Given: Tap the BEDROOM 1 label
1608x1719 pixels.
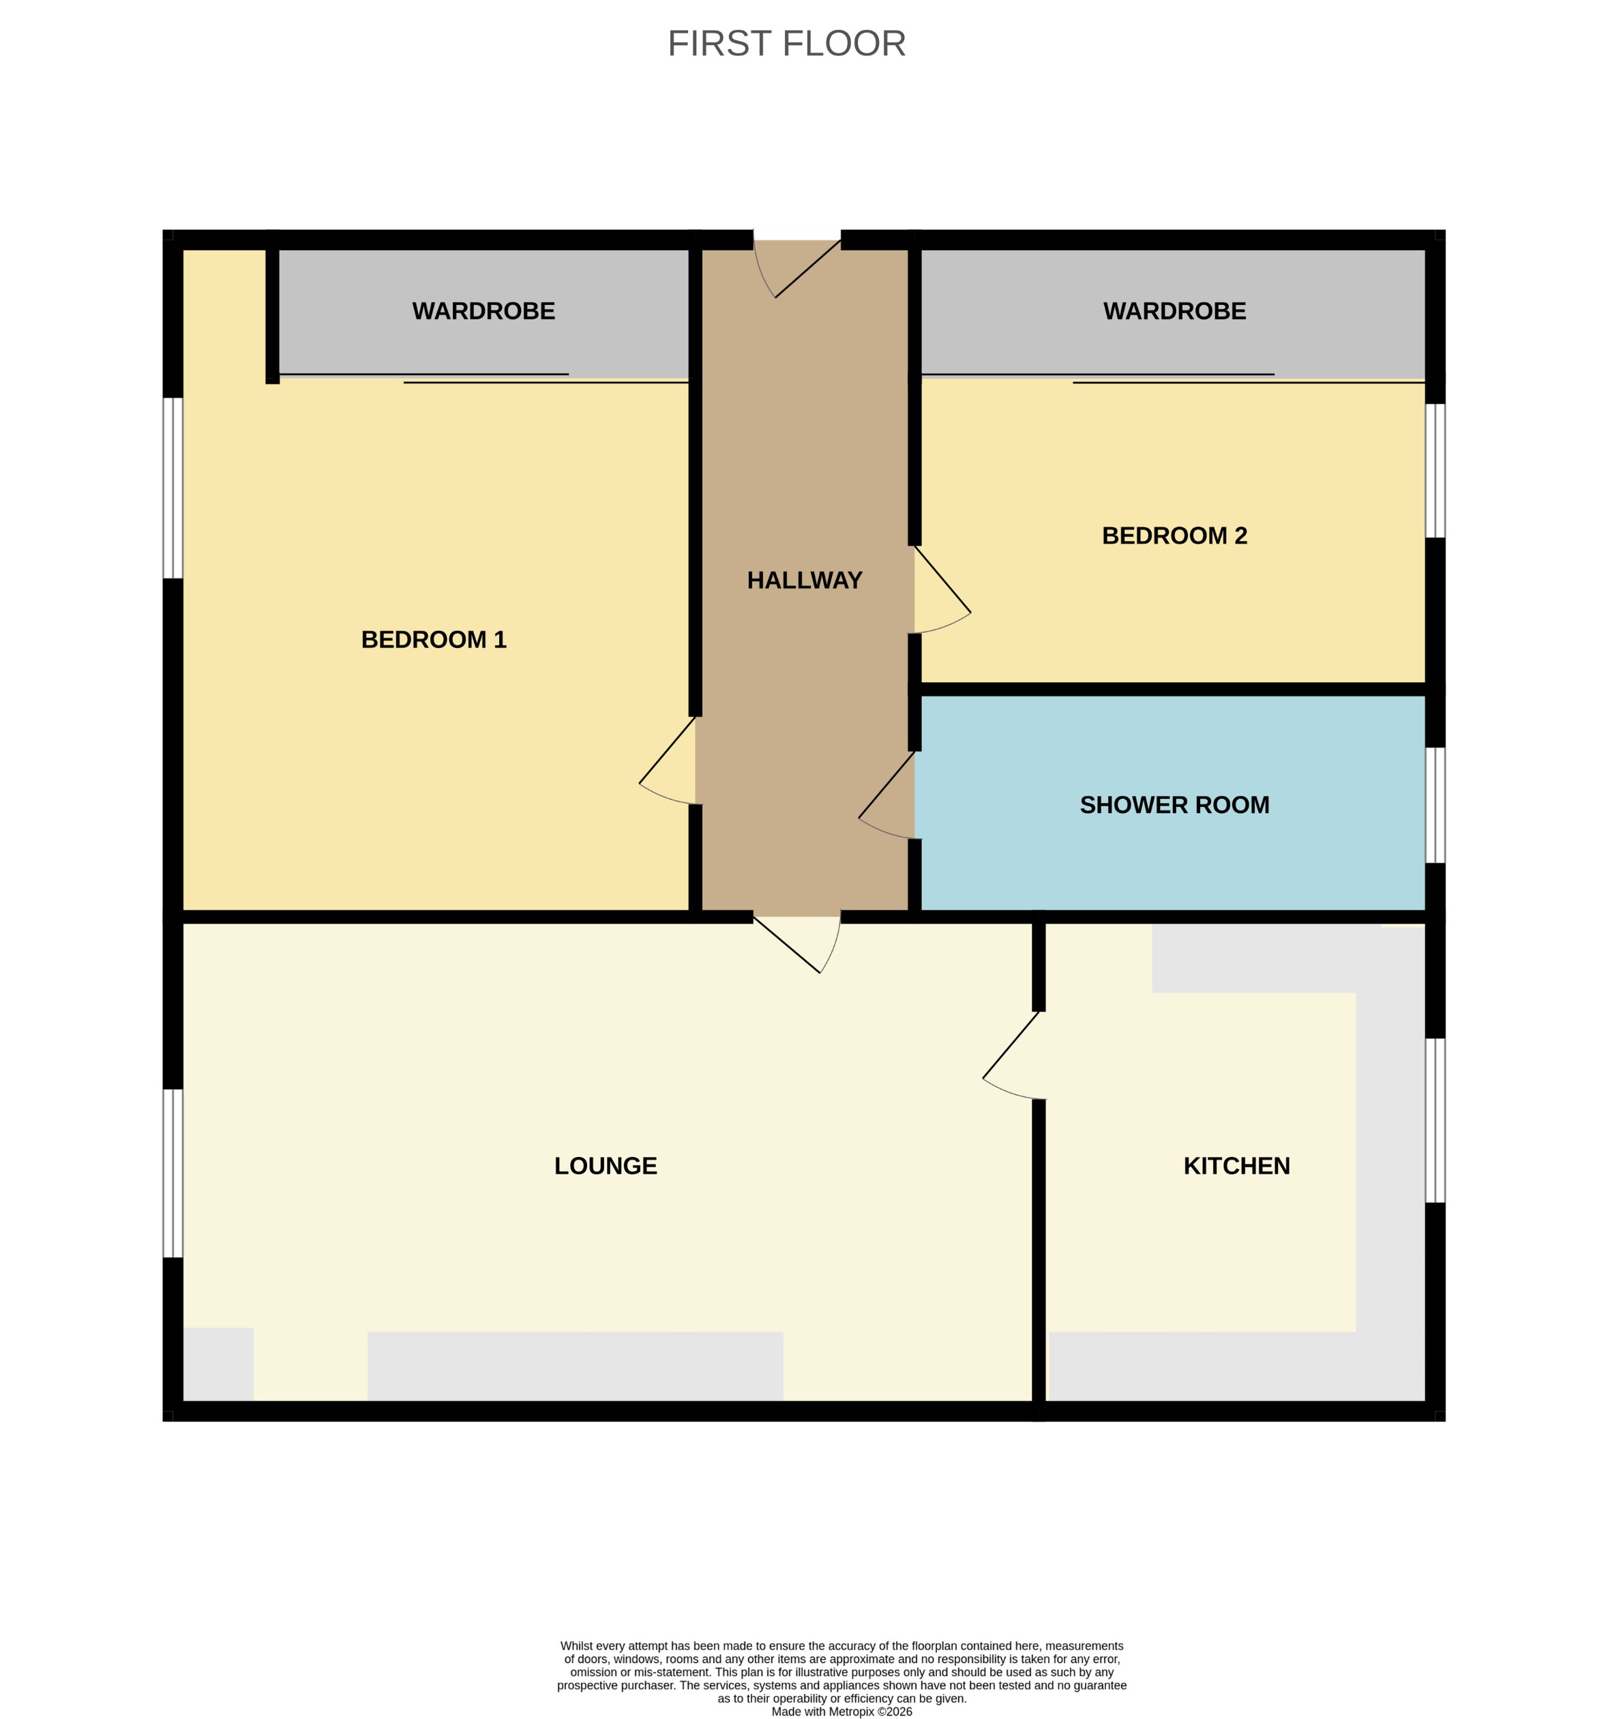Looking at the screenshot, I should [x=433, y=639].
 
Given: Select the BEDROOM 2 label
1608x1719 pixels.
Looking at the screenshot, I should [x=1174, y=535].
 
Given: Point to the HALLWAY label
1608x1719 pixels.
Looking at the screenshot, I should [x=804, y=581].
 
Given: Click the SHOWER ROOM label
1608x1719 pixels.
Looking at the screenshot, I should [x=1174, y=805].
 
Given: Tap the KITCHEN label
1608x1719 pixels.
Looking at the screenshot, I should [x=1236, y=1166].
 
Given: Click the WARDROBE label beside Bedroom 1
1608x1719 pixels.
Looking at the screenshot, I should [x=483, y=311].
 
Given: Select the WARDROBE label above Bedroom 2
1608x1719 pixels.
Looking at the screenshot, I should [x=1174, y=311].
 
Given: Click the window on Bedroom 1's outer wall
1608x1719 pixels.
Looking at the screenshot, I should [x=173, y=488].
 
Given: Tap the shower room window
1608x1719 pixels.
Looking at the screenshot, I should [x=1434, y=805].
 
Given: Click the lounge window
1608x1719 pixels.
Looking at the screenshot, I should [x=173, y=1173].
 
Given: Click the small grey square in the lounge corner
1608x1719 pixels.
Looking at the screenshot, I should [x=218, y=1364].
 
